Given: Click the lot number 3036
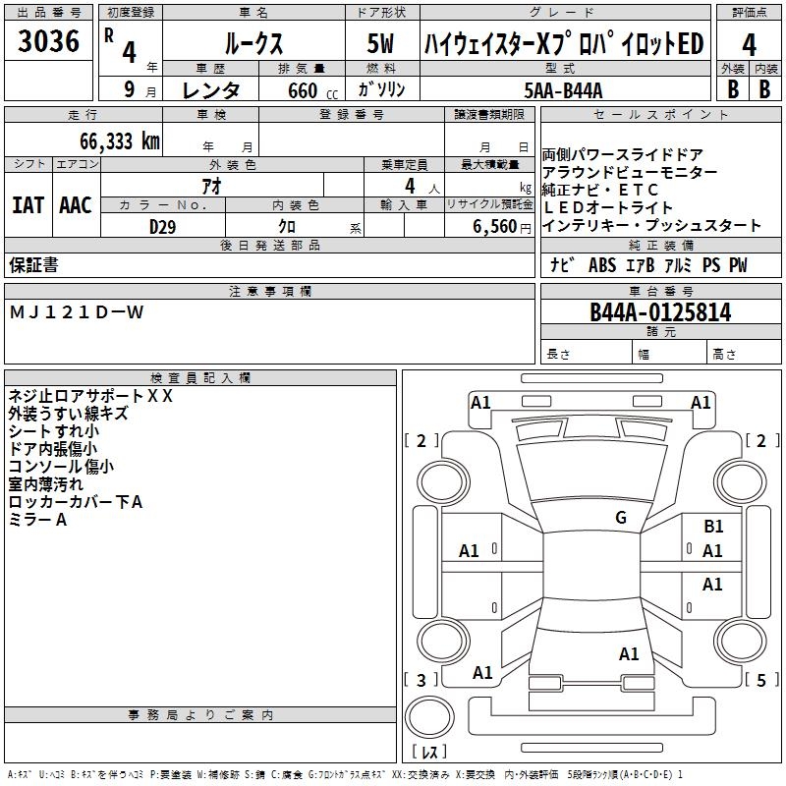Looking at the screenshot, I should pyautogui.click(x=49, y=42).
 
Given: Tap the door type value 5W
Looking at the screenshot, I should pyautogui.click(x=381, y=44).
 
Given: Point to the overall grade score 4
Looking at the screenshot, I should pyautogui.click(x=750, y=44).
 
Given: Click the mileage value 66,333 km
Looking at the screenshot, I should pyautogui.click(x=114, y=141).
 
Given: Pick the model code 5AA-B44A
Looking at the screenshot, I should pyautogui.click(x=564, y=90).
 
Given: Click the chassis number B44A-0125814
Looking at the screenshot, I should pyautogui.click(x=660, y=312).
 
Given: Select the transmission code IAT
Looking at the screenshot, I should pyautogui.click(x=28, y=205).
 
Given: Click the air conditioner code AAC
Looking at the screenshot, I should pyautogui.click(x=75, y=205).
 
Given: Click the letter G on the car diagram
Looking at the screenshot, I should pyautogui.click(x=620, y=518).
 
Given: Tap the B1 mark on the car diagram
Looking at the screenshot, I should pyautogui.click(x=713, y=527).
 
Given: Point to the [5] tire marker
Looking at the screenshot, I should pyautogui.click(x=760, y=680).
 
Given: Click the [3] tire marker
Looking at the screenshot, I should pyautogui.click(x=421, y=680).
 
